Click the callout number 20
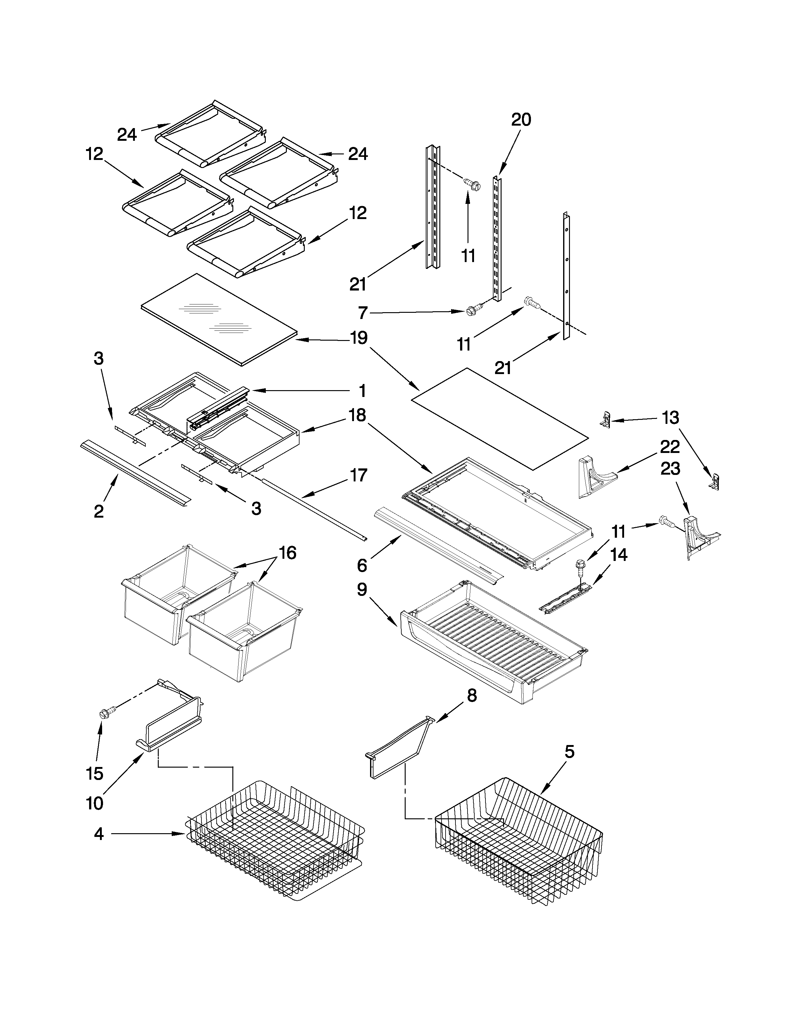coord(521,120)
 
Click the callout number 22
coord(669,447)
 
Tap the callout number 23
coord(669,469)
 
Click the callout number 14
coord(619,555)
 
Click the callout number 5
coord(569,752)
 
